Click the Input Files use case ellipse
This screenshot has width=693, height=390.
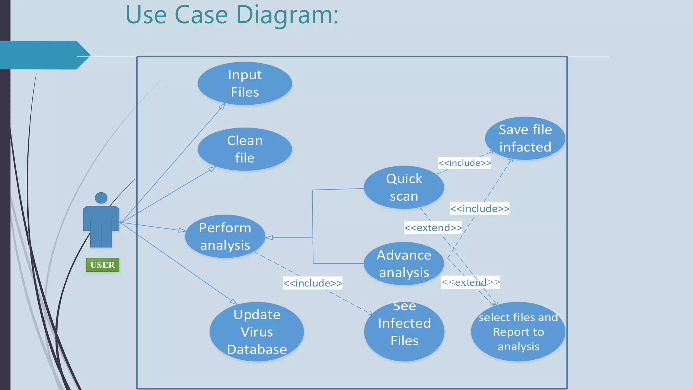[x=245, y=83]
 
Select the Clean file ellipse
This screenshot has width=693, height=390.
[x=245, y=149]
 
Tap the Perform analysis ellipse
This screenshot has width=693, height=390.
[x=225, y=236]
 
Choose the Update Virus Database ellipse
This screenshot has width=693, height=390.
[x=256, y=331]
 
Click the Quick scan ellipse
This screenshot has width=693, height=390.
[x=404, y=187]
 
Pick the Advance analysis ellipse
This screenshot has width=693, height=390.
[x=404, y=263]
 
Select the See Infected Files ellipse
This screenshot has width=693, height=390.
[x=404, y=331]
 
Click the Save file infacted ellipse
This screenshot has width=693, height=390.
[x=525, y=138]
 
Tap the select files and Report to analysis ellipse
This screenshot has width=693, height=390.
[x=518, y=331]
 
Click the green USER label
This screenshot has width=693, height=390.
[x=103, y=265]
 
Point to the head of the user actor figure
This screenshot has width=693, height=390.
[x=101, y=198]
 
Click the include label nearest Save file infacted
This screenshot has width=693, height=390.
[x=464, y=163]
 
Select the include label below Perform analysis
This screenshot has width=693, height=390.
[x=313, y=283]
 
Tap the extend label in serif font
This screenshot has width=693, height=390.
[x=470, y=282]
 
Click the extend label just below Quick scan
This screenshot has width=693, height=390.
[x=433, y=227]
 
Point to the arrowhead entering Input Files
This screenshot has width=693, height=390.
[x=222, y=106]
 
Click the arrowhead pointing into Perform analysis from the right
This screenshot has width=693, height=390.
[x=269, y=238]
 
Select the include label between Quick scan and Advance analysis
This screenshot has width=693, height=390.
[x=479, y=209]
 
